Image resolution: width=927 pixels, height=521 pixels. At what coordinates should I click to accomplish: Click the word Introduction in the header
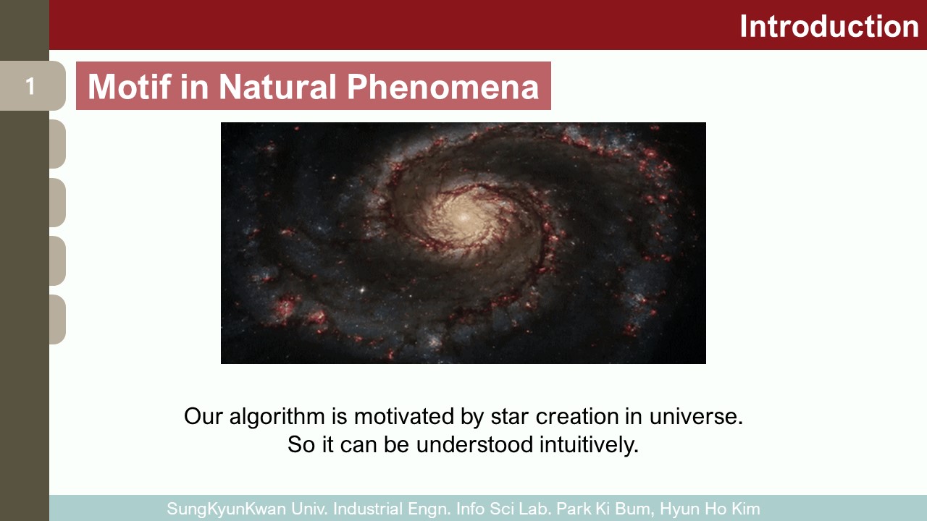(x=829, y=27)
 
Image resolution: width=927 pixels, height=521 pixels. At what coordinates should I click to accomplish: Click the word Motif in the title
(x=130, y=86)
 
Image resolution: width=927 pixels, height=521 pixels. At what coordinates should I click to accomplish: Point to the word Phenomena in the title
(x=442, y=86)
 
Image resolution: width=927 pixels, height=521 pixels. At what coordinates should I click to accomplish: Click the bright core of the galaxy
(x=463, y=216)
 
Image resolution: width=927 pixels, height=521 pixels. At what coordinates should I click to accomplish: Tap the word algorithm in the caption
(x=277, y=416)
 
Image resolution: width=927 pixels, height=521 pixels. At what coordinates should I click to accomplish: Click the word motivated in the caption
(x=404, y=416)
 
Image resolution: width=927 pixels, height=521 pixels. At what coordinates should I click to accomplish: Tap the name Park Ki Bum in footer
(x=605, y=509)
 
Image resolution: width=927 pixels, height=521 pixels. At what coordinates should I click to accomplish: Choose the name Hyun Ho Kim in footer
(x=710, y=509)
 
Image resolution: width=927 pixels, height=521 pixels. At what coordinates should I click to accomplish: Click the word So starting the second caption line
(x=301, y=444)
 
